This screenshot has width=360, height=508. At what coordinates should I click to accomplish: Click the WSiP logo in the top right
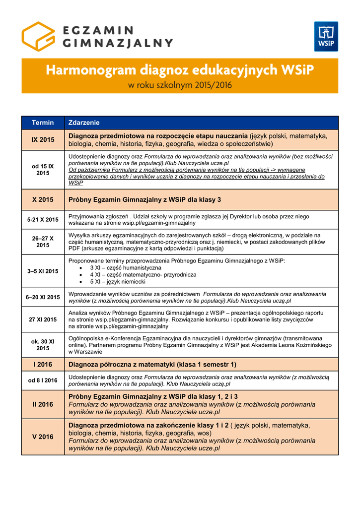[326, 36]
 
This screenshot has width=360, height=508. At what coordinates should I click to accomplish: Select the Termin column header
[43, 123]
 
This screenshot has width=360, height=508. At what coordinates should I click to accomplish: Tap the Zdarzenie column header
[84, 123]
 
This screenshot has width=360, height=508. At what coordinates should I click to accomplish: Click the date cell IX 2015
[43, 140]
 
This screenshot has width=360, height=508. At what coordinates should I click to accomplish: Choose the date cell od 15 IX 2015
[43, 170]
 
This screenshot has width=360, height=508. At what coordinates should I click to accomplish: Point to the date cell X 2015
[43, 199]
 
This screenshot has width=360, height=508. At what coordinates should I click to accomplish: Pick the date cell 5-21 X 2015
[43, 219]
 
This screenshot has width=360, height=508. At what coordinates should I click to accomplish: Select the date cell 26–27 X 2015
[43, 242]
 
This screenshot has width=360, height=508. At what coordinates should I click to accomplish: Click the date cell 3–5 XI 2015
[43, 271]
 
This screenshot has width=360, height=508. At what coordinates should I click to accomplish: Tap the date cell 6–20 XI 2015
[43, 297]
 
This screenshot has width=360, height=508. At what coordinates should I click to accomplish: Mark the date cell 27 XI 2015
[43, 320]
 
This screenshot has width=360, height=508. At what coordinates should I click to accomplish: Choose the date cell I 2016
[43, 365]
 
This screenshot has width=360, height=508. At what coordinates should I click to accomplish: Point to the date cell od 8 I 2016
[43, 381]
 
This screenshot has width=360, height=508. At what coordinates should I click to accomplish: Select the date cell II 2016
[43, 404]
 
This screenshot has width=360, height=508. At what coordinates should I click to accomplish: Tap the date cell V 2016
[43, 437]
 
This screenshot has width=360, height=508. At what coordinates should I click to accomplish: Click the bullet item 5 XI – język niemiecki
[118, 282]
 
